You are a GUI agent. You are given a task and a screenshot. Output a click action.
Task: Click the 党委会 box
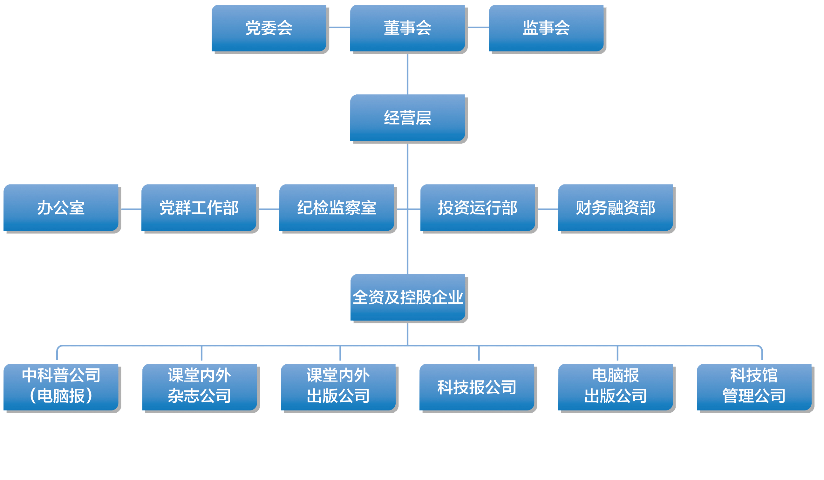(x=269, y=28)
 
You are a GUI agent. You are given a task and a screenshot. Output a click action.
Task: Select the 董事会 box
(x=407, y=28)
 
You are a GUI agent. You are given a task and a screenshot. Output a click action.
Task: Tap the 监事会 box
(x=546, y=28)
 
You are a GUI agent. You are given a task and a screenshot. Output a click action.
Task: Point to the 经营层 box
(x=407, y=118)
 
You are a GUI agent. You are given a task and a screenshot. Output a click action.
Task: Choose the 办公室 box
(x=61, y=208)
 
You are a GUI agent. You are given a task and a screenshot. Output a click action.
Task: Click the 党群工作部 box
(x=199, y=208)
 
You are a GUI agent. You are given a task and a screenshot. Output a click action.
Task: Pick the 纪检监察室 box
(x=337, y=208)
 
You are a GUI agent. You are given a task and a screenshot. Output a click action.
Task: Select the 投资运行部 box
(x=478, y=208)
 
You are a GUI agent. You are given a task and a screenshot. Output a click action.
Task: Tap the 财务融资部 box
(x=616, y=208)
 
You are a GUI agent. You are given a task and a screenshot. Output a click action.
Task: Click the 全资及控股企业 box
(x=408, y=297)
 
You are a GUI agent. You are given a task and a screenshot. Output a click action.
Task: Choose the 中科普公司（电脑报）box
(x=61, y=387)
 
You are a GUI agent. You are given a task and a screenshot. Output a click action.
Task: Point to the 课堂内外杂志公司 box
(x=200, y=387)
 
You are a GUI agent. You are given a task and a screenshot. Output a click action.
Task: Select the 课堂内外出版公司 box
(x=338, y=387)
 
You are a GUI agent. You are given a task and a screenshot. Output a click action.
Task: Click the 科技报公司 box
(x=477, y=387)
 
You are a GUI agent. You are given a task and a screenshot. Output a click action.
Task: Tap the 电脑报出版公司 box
(x=616, y=387)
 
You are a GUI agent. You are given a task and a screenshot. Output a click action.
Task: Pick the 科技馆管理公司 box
(x=754, y=387)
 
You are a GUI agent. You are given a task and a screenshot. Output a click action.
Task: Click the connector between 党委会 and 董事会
(x=339, y=27)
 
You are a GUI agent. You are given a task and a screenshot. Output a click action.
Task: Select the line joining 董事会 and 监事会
(x=478, y=27)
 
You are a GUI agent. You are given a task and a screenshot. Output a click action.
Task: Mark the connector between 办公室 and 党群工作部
(x=131, y=209)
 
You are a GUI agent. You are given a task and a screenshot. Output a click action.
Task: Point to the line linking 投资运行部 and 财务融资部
(x=548, y=209)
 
